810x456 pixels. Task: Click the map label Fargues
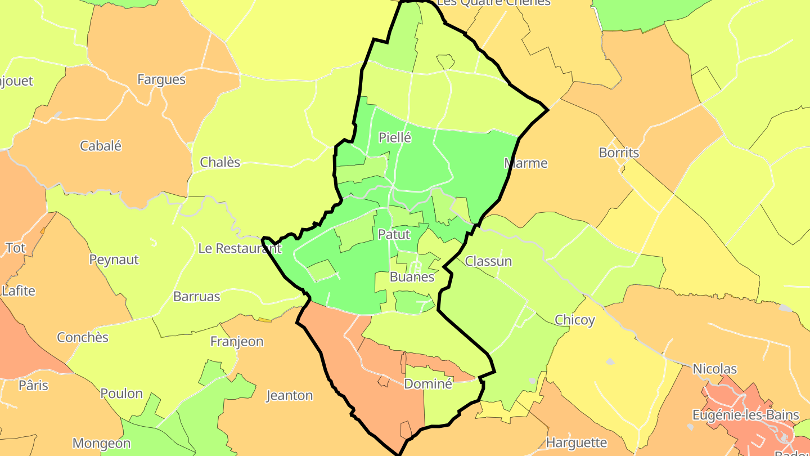click(161, 79)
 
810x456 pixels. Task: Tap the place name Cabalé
click(101, 146)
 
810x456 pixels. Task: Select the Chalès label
click(220, 163)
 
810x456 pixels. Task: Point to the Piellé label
click(395, 137)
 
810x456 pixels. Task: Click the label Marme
click(525, 163)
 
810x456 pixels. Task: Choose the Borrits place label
click(619, 153)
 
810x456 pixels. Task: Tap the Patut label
click(394, 234)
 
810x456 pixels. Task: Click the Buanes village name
click(412, 277)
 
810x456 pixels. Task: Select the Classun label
click(488, 261)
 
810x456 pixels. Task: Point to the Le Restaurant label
click(239, 248)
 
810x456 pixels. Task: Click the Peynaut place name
click(114, 260)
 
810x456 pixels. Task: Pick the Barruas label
click(197, 296)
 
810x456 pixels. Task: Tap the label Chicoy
click(574, 320)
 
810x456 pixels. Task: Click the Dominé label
click(428, 384)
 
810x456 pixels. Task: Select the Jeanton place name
click(289, 395)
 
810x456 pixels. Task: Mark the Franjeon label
click(237, 341)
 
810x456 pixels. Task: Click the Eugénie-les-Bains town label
click(745, 415)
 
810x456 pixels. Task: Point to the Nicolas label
click(714, 369)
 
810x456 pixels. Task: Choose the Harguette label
click(577, 442)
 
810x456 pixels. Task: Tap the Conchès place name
click(83, 338)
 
